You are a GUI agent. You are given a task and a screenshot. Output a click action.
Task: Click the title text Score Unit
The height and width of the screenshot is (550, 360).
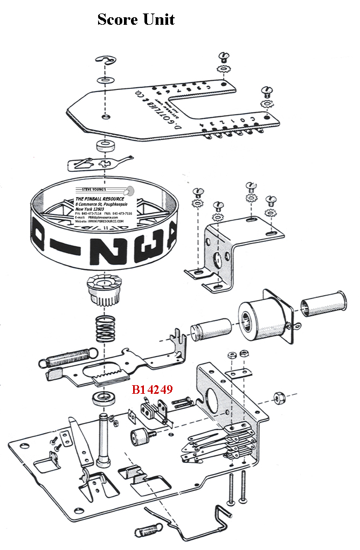136,19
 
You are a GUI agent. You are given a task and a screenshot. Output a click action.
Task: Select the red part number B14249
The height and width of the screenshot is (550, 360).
152,389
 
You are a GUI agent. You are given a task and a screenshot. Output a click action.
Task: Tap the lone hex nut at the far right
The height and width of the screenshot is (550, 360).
280,398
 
